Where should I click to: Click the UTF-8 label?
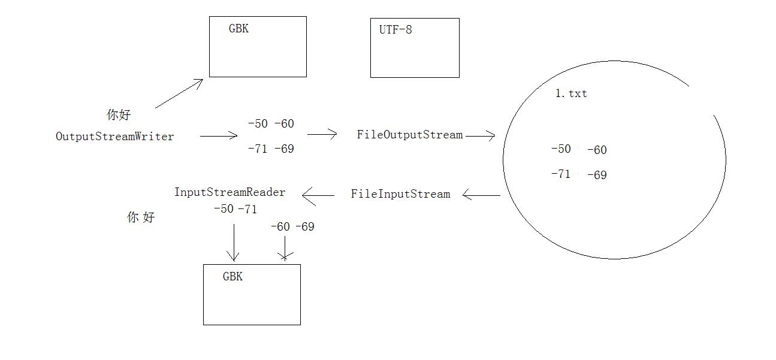tap(395, 29)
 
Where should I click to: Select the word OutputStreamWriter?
tap(115, 137)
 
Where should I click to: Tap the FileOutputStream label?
tap(410, 135)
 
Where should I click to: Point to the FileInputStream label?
tap(400, 194)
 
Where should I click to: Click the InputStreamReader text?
tap(230, 192)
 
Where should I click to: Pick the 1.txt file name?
tap(571, 93)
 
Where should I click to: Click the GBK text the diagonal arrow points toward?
tap(238, 28)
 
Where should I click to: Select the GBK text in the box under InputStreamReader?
tap(233, 277)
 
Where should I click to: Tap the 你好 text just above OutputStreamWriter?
tap(119, 114)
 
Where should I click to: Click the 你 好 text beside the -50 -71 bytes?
tap(141, 217)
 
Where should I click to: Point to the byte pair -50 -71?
tap(235, 209)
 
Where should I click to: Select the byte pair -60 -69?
tap(292, 226)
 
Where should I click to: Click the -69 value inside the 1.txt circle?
tap(597, 176)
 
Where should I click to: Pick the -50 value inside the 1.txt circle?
tap(561, 149)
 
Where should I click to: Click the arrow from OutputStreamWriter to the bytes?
tap(219, 136)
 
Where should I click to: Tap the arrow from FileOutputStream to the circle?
tap(480, 136)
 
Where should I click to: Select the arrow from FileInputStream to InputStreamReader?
tap(318, 195)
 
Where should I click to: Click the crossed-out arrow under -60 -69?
tap(285, 248)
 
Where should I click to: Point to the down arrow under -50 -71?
tap(234, 243)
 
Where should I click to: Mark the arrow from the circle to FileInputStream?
tap(481, 195)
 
